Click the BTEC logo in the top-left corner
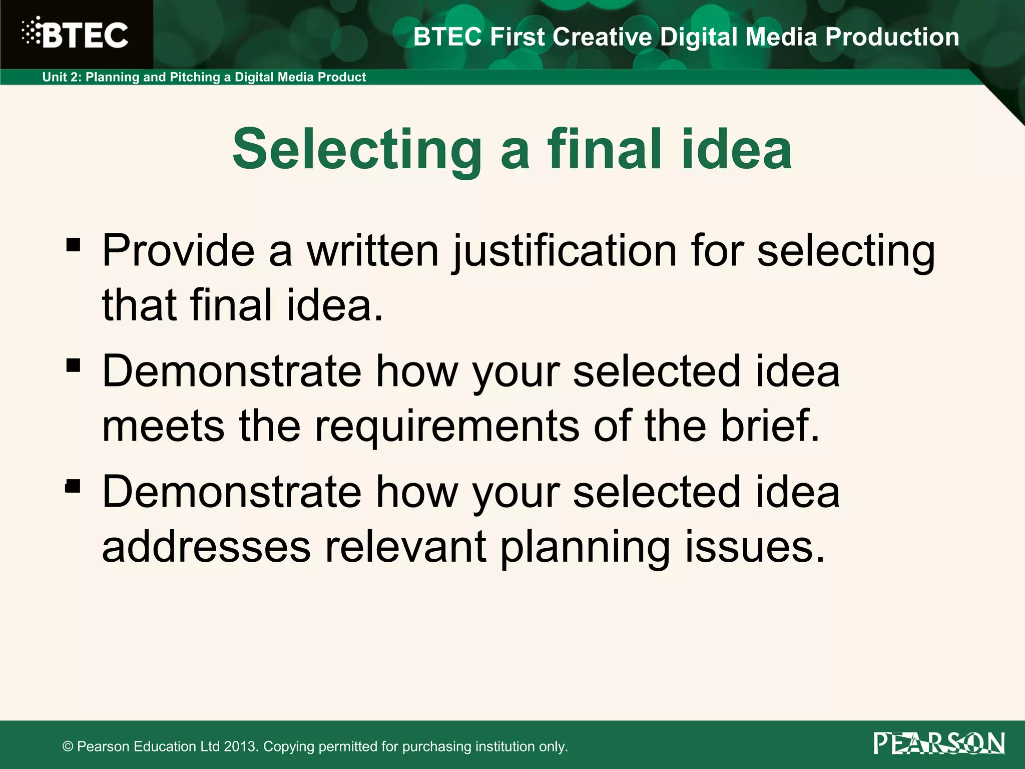[x=75, y=34]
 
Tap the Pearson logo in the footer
[x=939, y=743]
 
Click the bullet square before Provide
[x=73, y=245]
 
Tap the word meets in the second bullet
[x=163, y=426]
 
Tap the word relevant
[x=405, y=547]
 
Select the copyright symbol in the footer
[x=68, y=747]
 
